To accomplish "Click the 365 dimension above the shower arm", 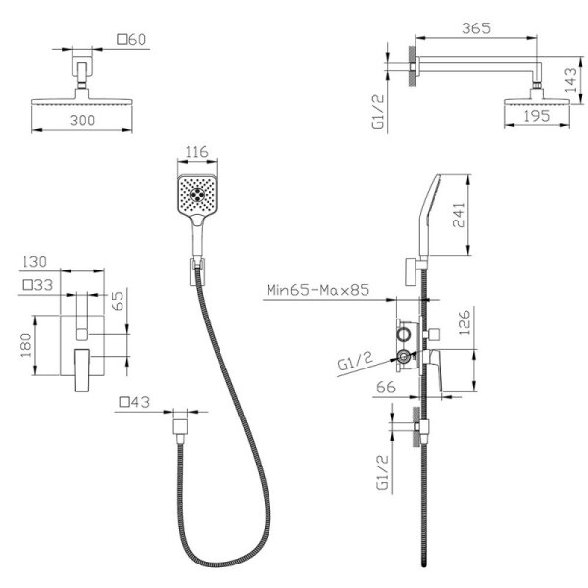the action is point(476,28).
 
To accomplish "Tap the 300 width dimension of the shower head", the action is point(82,121).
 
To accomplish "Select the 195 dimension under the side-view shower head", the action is point(537,116).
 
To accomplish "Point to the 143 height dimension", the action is point(570,80).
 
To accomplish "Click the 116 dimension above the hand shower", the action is point(197,152).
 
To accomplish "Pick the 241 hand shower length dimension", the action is point(459,215).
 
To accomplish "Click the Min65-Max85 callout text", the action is point(318,290).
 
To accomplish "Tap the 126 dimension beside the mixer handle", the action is point(464,322).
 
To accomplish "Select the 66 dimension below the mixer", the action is point(386,387).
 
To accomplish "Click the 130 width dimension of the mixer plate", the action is point(34,262).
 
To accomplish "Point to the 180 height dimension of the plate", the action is point(26,345).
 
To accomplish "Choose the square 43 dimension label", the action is point(134,402).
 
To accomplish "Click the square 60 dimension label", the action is point(131,39).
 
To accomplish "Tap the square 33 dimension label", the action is point(37,285).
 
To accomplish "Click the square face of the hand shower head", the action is point(197,195).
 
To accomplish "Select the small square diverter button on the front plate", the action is point(82,334).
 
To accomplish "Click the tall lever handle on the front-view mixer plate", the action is point(82,370).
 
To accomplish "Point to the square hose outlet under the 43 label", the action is point(180,427).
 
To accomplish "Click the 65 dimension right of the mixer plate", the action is point(118,301).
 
